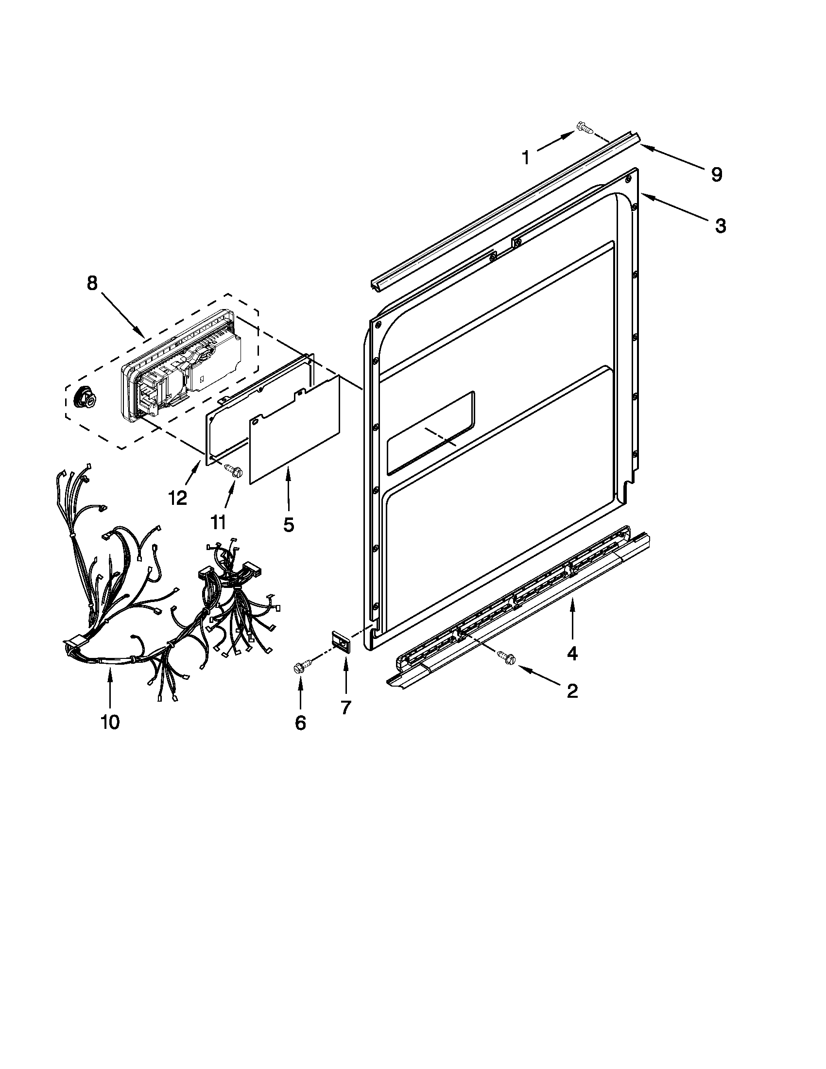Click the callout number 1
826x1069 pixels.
tap(526, 158)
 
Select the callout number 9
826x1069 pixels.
tap(716, 174)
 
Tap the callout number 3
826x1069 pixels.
tap(720, 225)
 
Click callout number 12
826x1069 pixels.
tap(178, 498)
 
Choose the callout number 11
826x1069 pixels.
tap(218, 522)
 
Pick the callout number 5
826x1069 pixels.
tap(289, 525)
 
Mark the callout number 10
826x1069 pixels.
tap(110, 721)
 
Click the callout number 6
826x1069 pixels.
tap(300, 723)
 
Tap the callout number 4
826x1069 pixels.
tap(571, 653)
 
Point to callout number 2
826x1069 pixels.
tap(571, 690)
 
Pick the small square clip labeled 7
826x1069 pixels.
tap(341, 641)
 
